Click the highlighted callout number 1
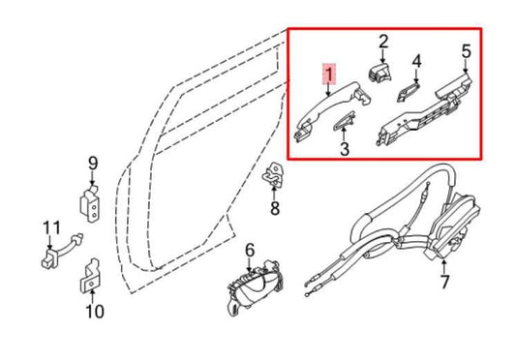click(x=329, y=74)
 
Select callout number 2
click(x=382, y=42)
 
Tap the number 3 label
click(x=344, y=148)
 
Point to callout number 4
click(x=417, y=63)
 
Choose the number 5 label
click(x=466, y=49)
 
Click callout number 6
click(x=249, y=252)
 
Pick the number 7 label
click(x=444, y=283)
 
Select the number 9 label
click(x=93, y=163)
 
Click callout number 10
click(x=94, y=311)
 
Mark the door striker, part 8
click(x=275, y=177)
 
